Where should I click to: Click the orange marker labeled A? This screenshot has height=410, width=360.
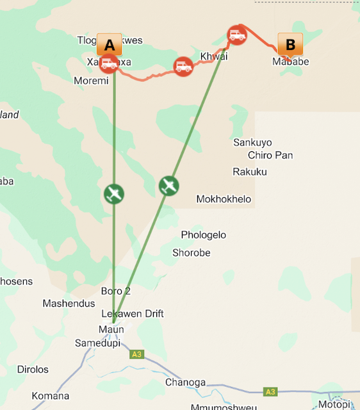(109, 45)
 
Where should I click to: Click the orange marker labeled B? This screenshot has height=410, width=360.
(290, 45)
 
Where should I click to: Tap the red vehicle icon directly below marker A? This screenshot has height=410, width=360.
(109, 63)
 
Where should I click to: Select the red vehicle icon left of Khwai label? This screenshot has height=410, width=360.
(184, 66)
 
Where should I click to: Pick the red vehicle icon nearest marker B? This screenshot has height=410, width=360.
(238, 35)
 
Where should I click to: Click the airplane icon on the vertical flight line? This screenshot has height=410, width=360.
(113, 193)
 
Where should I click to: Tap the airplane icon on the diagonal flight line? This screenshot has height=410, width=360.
(168, 186)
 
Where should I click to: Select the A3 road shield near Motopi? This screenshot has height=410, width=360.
(270, 391)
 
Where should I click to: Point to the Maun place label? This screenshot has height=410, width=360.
(111, 329)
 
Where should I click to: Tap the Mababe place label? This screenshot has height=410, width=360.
(290, 61)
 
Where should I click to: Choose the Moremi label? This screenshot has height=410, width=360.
(91, 81)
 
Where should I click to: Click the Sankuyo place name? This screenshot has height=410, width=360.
(252, 142)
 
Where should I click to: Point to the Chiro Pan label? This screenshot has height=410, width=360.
(270, 155)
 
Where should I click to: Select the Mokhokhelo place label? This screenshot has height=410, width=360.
(224, 199)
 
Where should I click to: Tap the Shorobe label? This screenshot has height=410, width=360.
(191, 252)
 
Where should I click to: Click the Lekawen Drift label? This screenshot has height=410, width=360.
(133, 313)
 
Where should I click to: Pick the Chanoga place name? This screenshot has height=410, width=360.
(186, 382)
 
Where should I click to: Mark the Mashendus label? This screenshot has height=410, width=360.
(69, 303)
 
